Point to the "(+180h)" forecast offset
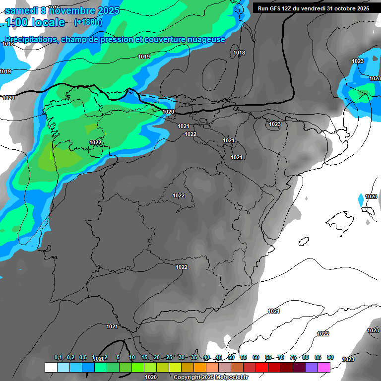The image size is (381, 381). click(88, 22)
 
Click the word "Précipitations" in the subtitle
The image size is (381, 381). click(31, 39)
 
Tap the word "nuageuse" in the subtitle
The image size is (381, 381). click(205, 39)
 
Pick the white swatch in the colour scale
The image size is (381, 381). click(51, 367)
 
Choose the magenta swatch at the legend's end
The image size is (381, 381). click(324, 367)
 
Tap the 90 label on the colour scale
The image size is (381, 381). click(330, 357)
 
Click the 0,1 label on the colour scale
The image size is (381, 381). click(58, 357)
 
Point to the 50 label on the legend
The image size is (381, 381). click(231, 357)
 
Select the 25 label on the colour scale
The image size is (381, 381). click(169, 357)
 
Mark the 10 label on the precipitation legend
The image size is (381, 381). click(132, 357)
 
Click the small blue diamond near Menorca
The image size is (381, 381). click(361, 199)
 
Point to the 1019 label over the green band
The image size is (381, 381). click(144, 57)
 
